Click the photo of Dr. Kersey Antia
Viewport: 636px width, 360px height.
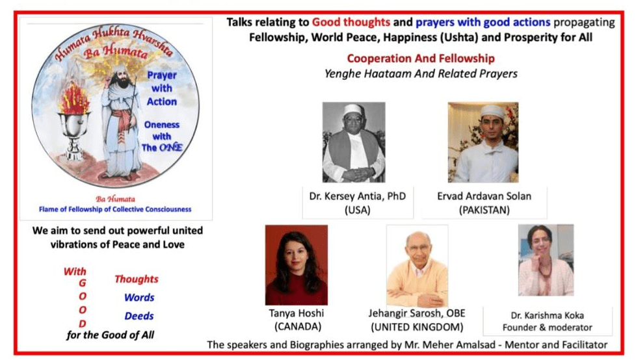[354, 142]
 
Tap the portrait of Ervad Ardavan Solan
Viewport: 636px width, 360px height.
[483, 142]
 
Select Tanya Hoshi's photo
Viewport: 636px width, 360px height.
[297, 264]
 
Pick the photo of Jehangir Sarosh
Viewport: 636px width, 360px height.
[417, 265]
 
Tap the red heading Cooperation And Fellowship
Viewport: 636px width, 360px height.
[421, 58]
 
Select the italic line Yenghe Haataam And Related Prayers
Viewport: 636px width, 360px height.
[421, 73]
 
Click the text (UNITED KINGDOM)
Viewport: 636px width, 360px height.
[417, 327]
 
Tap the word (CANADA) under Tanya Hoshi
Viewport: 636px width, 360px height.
[297, 327]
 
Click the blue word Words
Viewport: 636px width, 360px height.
[139, 298]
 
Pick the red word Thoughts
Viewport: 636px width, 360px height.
[137, 279]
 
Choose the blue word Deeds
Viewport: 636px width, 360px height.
[139, 316]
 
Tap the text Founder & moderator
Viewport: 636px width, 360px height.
[548, 327]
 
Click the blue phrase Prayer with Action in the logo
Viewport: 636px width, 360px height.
[161, 88]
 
